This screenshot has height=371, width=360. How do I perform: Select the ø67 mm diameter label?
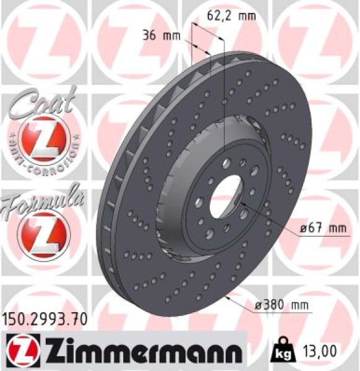coord(322,229)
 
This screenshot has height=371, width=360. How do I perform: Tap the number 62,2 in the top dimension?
coord(215,17)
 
